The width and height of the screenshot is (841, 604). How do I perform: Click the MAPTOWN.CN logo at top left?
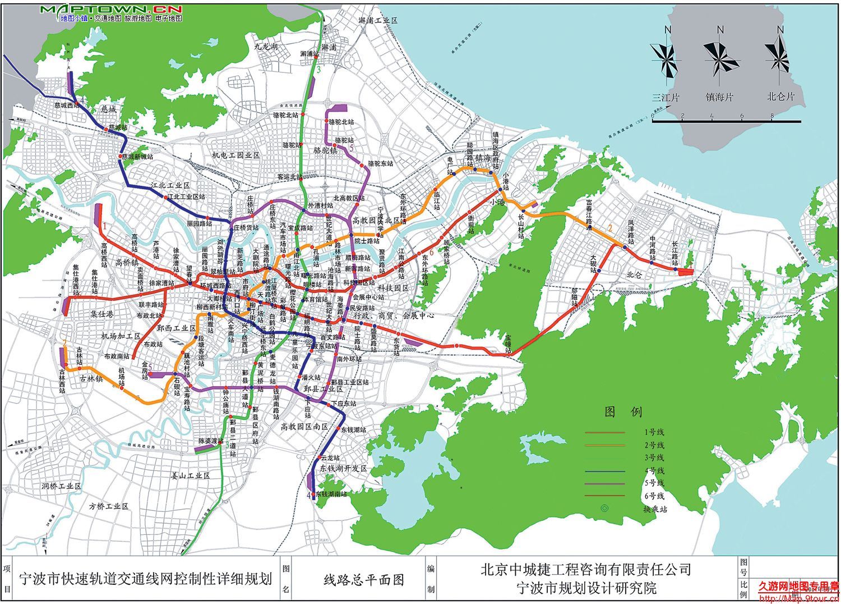coord(111,10)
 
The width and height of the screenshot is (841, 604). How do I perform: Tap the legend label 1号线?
coord(654,432)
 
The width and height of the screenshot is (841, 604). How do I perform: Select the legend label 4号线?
coord(654,470)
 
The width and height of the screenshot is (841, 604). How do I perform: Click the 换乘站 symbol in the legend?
coord(604,509)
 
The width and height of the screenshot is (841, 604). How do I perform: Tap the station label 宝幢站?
coord(508,344)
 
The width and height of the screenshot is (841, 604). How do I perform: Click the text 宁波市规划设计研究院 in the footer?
coord(585,589)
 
